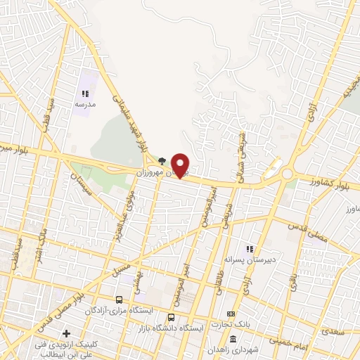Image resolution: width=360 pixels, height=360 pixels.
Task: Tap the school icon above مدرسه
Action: (85, 94)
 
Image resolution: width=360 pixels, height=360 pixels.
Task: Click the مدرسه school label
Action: (85, 104)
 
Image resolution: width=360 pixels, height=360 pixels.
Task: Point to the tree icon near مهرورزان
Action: (162, 161)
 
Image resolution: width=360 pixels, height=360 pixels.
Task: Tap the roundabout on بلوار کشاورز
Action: (288, 174)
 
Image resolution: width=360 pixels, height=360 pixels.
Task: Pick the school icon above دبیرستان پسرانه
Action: (248, 248)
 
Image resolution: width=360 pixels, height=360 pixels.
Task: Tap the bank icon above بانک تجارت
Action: (230, 314)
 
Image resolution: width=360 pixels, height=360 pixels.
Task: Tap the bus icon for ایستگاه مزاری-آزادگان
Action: (118, 300)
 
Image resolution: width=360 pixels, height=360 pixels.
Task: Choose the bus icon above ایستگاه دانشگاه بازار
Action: (172, 317)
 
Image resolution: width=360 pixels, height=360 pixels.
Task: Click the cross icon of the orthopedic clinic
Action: (66, 333)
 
